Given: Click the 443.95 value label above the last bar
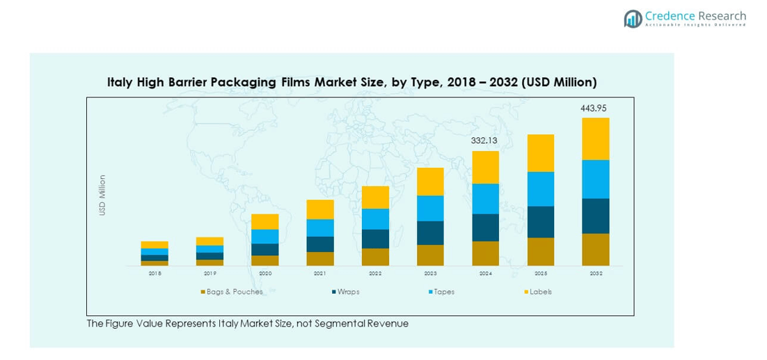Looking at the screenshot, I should pos(595,109).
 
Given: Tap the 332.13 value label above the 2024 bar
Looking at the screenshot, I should pos(485,141).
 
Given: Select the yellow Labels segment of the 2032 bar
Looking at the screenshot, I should pos(595,139).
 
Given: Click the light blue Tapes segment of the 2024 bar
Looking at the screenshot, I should pos(485,198).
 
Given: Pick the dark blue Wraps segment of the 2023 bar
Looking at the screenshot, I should pos(430,233).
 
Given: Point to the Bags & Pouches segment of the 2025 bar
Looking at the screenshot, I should pos(540,251).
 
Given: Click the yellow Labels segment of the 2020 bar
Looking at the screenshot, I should pos(264,221).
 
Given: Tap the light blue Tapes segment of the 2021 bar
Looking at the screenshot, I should pos(319,228).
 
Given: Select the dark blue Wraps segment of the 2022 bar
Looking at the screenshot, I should pos(375,239).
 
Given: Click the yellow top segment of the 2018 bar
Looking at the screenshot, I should pos(155,244).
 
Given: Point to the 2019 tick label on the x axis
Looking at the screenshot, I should pos(209,274).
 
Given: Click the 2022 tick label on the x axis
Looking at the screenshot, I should pos(375,274).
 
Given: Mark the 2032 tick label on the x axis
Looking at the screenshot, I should pos(595,274).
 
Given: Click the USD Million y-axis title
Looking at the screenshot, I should pos(102,195).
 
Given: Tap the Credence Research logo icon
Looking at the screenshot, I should pos(633,19).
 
